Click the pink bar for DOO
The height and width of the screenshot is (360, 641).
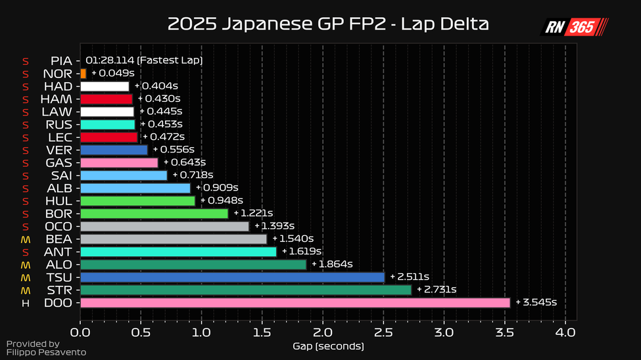click(295, 302)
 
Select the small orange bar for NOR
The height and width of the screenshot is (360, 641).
click(83, 74)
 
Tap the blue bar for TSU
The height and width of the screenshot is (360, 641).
click(232, 277)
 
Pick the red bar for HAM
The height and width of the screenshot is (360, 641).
click(106, 99)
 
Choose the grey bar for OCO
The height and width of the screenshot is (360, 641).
click(164, 226)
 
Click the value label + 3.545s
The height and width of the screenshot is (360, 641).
click(536, 302)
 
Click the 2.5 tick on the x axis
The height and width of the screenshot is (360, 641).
click(383, 332)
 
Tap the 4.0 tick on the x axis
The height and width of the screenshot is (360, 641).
click(565, 332)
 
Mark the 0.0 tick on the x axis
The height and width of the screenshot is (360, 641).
click(80, 332)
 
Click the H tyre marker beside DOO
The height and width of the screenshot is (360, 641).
click(26, 303)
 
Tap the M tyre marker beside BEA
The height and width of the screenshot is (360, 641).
click(26, 239)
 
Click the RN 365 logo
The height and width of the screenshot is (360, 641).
click(574, 27)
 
